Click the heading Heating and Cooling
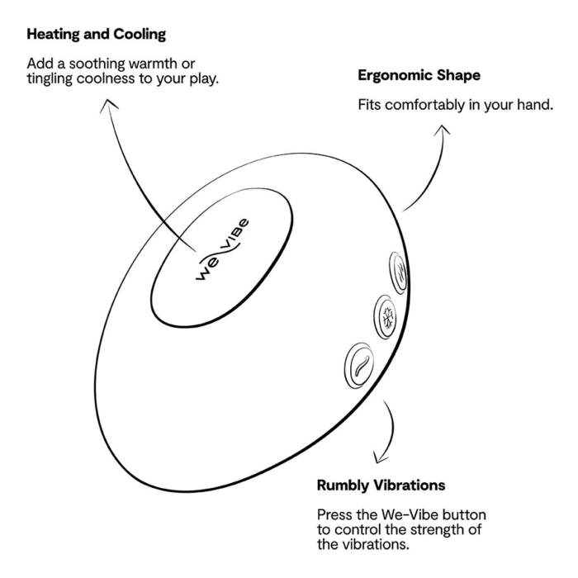click(97, 35)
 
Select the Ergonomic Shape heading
click(419, 76)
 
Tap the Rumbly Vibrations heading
click(381, 486)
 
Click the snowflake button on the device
click(386, 317)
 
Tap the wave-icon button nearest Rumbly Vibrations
click(359, 365)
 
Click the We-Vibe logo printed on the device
click(222, 249)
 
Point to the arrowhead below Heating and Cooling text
click(108, 105)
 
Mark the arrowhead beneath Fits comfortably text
click(443, 130)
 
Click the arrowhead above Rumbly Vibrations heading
click(380, 457)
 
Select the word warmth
click(152, 64)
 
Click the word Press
click(332, 514)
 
